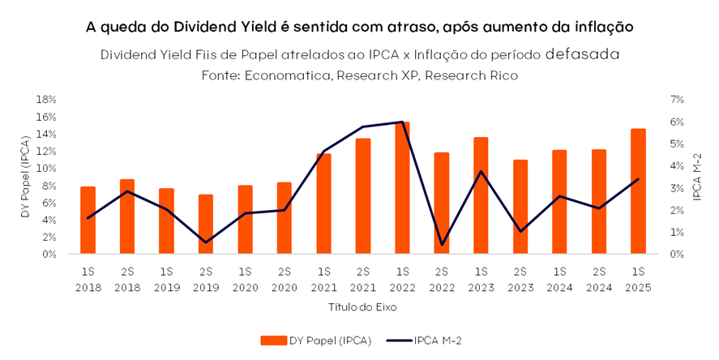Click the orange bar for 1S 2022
coord(402,188)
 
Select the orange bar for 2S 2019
coord(206,224)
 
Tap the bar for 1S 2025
coord(638,191)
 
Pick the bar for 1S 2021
coord(323,204)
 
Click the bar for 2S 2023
coord(520,207)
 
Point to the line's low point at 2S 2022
coord(442,245)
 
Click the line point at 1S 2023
coord(481,171)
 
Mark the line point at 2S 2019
coord(206,242)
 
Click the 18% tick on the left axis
coord(45,99)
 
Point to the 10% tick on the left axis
coord(45,168)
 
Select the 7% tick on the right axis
coord(677,99)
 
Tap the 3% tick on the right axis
coord(677,187)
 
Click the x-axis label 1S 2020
coord(245,279)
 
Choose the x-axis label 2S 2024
coord(598,279)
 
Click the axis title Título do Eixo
coord(362,308)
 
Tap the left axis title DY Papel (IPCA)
coord(25,176)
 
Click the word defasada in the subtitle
coord(583,54)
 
